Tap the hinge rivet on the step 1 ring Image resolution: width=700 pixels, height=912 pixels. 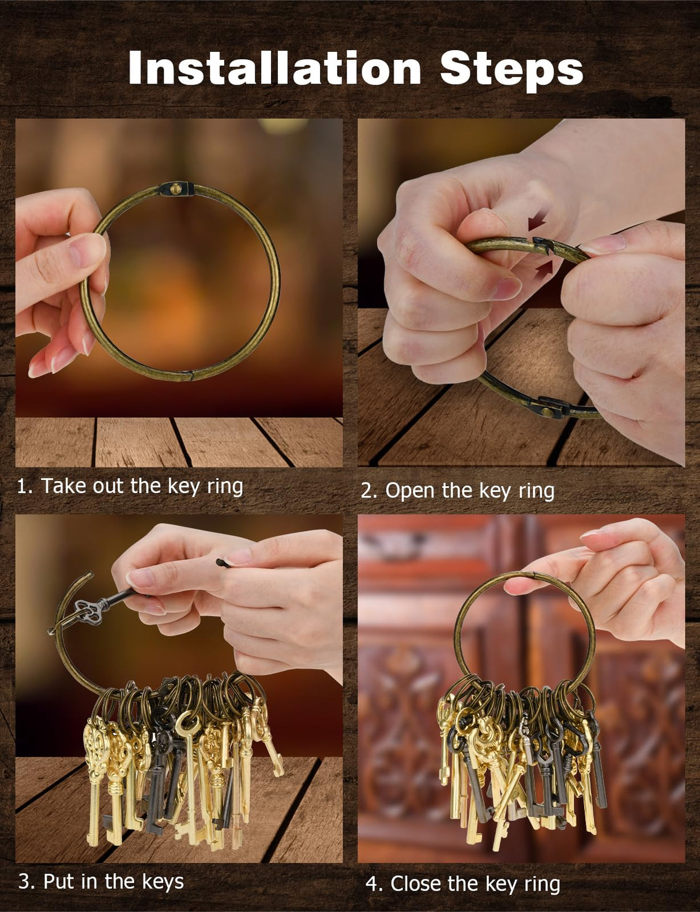click(x=177, y=190)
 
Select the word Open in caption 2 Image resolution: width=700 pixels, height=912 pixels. click(x=409, y=491)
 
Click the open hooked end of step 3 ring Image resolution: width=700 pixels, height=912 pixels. click(x=85, y=577)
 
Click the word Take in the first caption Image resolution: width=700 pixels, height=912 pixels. click(x=64, y=486)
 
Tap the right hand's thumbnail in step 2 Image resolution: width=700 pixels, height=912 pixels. click(x=604, y=244)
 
